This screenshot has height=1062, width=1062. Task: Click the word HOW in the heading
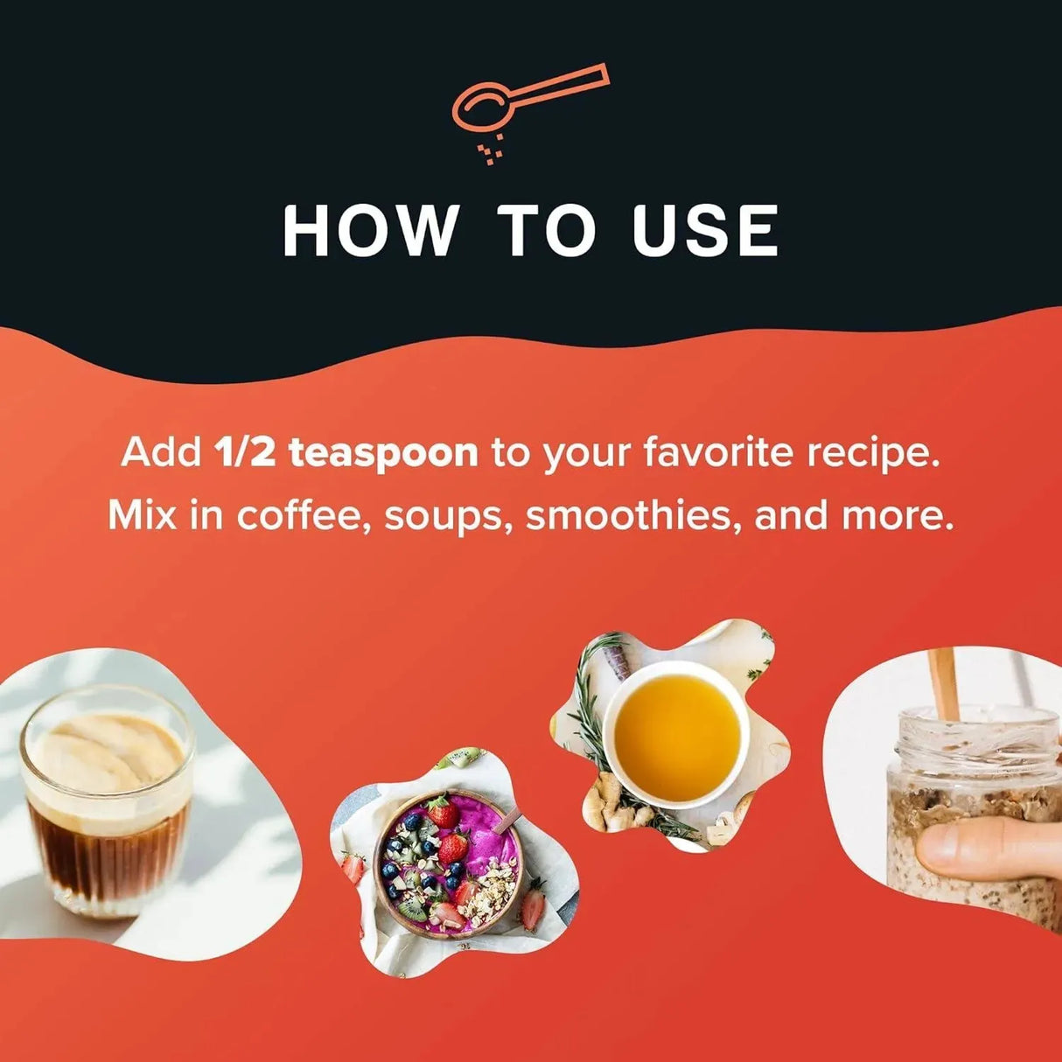[x=370, y=230]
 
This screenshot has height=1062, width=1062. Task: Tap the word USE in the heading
[x=705, y=230]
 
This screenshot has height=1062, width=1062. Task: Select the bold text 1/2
[x=243, y=453]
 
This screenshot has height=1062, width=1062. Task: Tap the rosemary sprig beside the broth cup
[x=590, y=711]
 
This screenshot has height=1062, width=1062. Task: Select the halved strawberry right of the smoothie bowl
[x=533, y=911]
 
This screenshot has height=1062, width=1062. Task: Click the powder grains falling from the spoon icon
[x=490, y=149]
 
